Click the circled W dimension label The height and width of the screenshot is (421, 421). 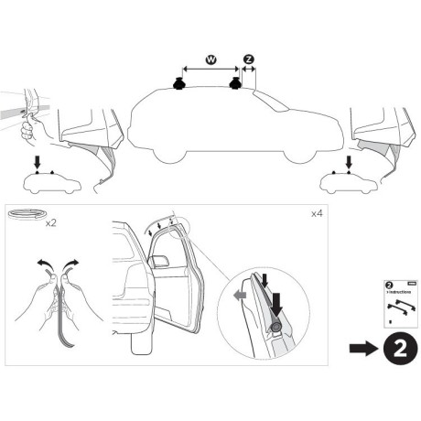click(210, 59)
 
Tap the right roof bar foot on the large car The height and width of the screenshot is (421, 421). click(237, 86)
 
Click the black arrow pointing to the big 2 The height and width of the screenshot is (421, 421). click(362, 348)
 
